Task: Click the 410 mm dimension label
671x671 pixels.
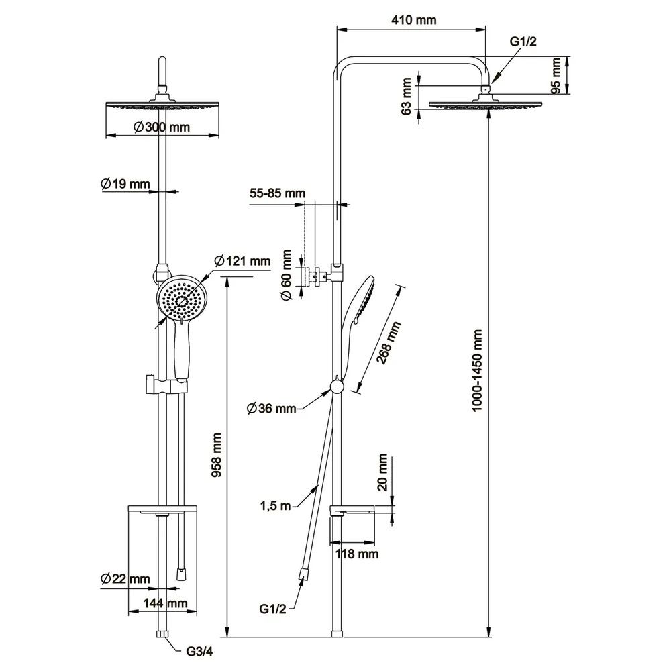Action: click(x=413, y=20)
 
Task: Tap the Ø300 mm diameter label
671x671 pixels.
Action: click(x=161, y=127)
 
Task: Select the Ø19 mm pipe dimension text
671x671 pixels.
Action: click(x=125, y=183)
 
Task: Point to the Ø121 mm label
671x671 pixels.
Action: click(x=242, y=261)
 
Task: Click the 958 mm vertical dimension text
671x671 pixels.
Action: click(x=217, y=455)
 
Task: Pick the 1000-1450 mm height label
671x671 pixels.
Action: click(x=478, y=370)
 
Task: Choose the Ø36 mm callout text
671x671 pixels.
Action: click(x=271, y=408)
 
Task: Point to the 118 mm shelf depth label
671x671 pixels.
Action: click(x=357, y=554)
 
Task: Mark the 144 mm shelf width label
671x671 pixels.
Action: click(x=165, y=603)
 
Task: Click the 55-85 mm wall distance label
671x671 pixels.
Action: click(x=277, y=193)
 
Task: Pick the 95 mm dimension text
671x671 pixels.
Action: click(x=556, y=76)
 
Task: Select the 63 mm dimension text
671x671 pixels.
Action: click(x=406, y=97)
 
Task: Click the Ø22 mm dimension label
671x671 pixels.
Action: click(x=125, y=578)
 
